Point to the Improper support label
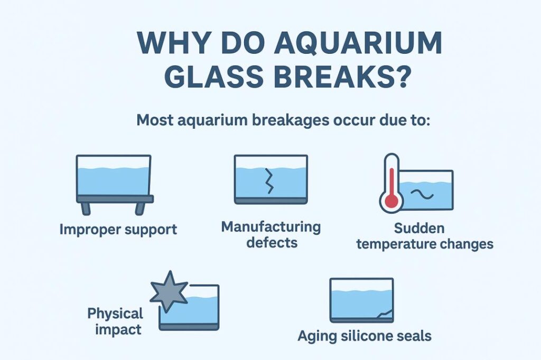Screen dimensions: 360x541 [x=118, y=230]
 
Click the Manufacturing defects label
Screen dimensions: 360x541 [x=270, y=234]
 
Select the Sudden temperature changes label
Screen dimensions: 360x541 [x=425, y=236]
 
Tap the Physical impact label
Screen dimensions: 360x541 [x=115, y=321]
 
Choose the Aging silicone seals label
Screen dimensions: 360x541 [x=365, y=335]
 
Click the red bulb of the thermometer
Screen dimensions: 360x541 [x=391, y=200]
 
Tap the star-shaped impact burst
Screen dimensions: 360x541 [x=169, y=290]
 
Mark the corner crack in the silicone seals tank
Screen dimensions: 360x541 [x=384, y=314]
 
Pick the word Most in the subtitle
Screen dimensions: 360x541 [x=155, y=120]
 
